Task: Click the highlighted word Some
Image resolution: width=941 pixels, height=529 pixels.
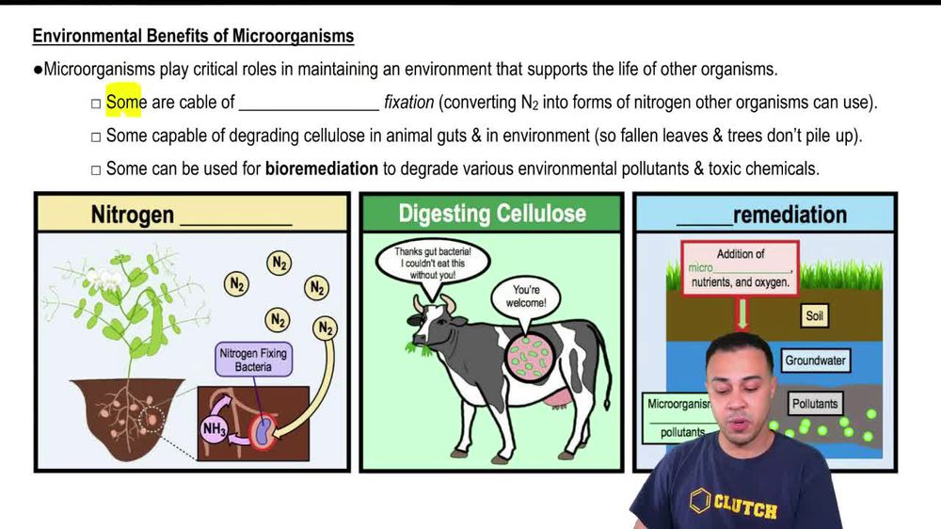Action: [125, 103]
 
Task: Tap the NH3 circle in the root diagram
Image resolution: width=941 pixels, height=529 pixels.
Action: [215, 429]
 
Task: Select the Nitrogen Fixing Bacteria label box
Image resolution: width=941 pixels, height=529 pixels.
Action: [253, 360]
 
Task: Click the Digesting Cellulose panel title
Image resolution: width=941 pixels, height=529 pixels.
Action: [491, 214]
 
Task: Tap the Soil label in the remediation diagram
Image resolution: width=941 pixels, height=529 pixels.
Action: [814, 315]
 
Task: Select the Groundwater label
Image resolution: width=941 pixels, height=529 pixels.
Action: [815, 361]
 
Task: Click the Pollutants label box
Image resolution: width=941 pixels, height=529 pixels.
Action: [814, 404]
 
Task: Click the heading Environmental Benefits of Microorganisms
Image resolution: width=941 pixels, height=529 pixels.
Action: [193, 37]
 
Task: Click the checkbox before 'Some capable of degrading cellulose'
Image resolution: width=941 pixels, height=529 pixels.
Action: [95, 137]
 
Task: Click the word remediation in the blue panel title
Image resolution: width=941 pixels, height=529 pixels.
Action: [789, 215]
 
